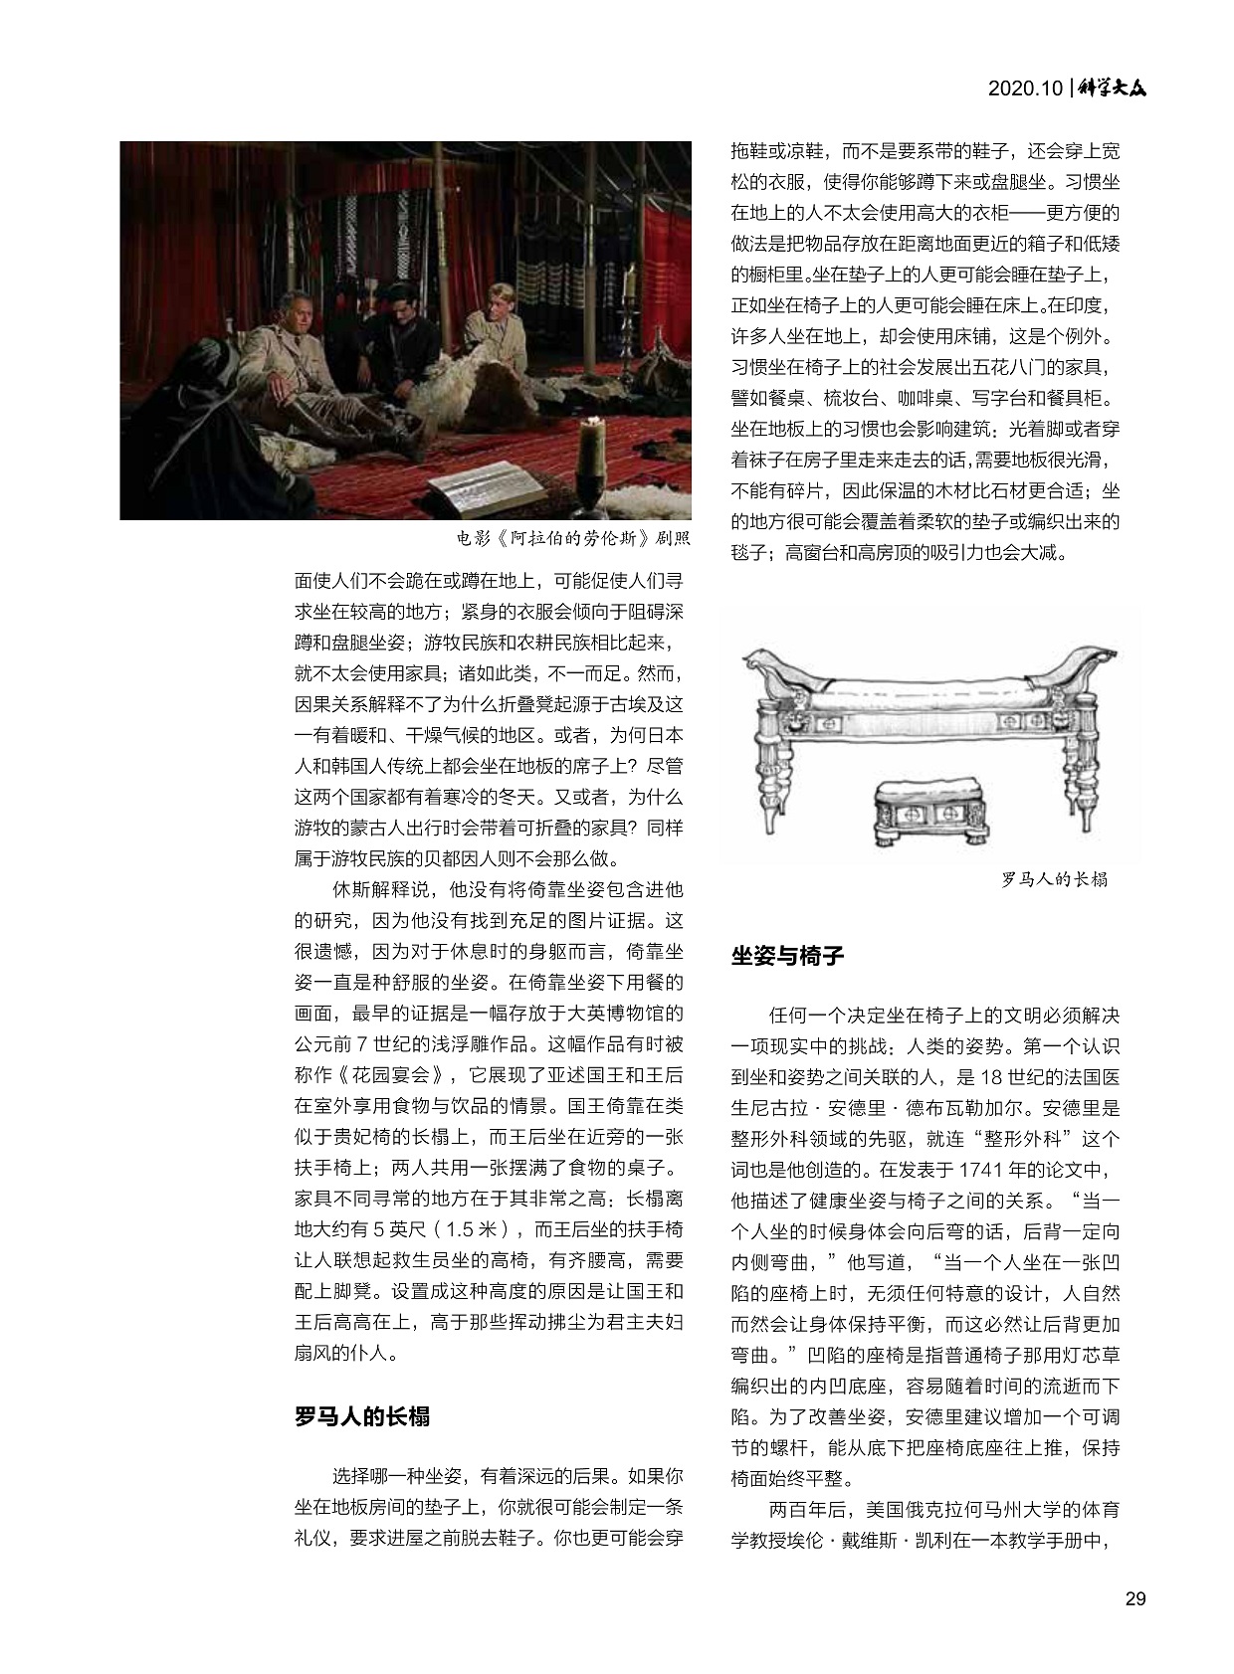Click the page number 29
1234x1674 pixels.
(x=1134, y=1599)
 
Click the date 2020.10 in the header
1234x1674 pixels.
(x=1025, y=89)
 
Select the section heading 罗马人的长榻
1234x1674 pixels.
(x=362, y=1416)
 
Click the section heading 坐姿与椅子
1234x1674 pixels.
(x=787, y=956)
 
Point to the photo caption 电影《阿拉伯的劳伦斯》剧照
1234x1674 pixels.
(x=572, y=539)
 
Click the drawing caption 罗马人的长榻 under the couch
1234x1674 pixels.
(x=1054, y=879)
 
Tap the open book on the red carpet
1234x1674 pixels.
(x=488, y=487)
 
